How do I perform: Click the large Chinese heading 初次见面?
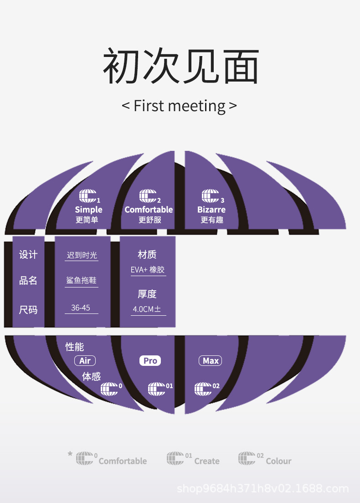tap(180, 67)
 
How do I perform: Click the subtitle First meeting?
tap(180, 106)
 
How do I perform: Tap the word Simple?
tap(88, 210)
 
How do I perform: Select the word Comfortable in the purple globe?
tap(149, 210)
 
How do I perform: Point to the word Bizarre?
tap(211, 210)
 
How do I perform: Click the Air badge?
tap(85, 361)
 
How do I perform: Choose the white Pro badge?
tap(150, 361)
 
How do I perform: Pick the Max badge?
tap(211, 361)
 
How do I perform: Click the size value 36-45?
tap(81, 308)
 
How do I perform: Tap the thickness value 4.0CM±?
tap(147, 309)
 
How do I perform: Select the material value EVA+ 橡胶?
tap(148, 270)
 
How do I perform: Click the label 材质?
tap(147, 254)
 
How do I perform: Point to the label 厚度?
tap(147, 294)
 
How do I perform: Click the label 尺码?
tap(28, 310)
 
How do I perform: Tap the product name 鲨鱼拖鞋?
tap(81, 281)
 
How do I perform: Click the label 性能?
tap(74, 347)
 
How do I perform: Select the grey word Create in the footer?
tap(207, 461)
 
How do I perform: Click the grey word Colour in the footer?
tap(278, 461)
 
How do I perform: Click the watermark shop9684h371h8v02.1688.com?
tap(262, 489)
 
